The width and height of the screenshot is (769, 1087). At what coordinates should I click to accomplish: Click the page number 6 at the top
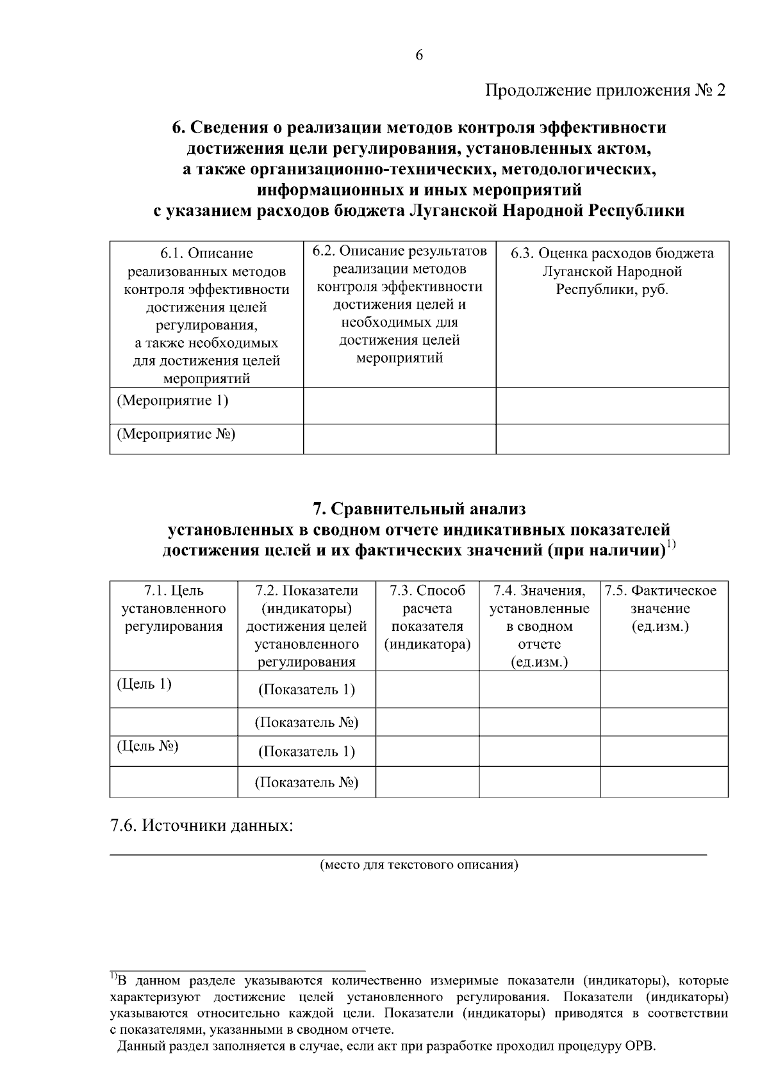coord(419,56)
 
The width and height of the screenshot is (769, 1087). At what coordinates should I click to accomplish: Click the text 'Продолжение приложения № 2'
coord(605,91)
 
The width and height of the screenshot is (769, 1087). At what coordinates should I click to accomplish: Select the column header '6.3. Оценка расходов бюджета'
coord(612,254)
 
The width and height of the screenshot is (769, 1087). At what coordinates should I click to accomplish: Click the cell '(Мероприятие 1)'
coord(172,402)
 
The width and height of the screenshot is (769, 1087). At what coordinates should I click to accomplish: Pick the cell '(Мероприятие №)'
coord(176,435)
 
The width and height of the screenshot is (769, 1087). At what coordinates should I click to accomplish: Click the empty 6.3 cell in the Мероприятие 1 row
coord(612,405)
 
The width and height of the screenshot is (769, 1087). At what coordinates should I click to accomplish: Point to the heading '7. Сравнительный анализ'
coord(419,509)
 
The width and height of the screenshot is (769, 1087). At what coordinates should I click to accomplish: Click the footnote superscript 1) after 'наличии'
coord(671,545)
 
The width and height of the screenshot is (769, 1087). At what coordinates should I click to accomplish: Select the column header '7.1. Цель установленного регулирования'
coord(174,609)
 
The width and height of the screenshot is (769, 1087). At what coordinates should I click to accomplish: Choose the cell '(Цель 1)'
coord(144,684)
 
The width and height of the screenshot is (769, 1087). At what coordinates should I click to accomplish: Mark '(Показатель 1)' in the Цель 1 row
coord(306,690)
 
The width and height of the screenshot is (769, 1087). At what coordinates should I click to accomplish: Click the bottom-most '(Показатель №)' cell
coord(306,783)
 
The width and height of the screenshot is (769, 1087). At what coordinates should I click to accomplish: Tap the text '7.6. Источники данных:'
coord(201,826)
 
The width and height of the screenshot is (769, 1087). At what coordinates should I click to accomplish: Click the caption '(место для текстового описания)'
coord(419,865)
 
